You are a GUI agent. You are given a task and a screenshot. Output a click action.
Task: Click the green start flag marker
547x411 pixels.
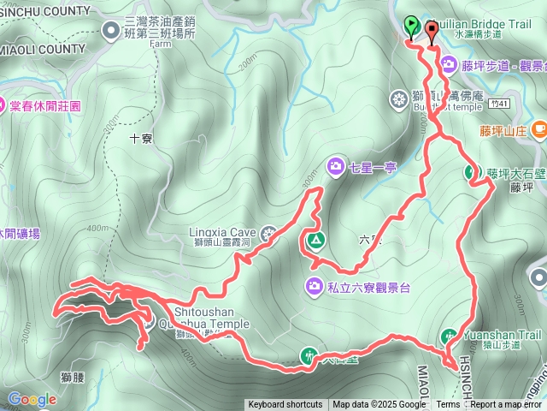(x=411, y=26)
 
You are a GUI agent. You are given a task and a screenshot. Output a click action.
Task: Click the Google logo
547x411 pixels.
(x=32, y=399)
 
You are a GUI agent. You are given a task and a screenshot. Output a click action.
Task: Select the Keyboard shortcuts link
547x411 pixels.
(x=285, y=405)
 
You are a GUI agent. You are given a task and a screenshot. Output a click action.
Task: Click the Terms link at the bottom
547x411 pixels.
(x=448, y=405)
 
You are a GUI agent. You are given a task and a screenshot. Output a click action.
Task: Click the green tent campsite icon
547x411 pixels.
(x=315, y=240)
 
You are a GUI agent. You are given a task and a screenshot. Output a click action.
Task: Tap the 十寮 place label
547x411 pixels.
(x=139, y=137)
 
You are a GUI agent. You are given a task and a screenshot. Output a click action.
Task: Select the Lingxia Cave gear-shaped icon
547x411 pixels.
(x=269, y=231)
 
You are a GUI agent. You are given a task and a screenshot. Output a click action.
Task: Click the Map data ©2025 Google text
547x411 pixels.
(x=379, y=405)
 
